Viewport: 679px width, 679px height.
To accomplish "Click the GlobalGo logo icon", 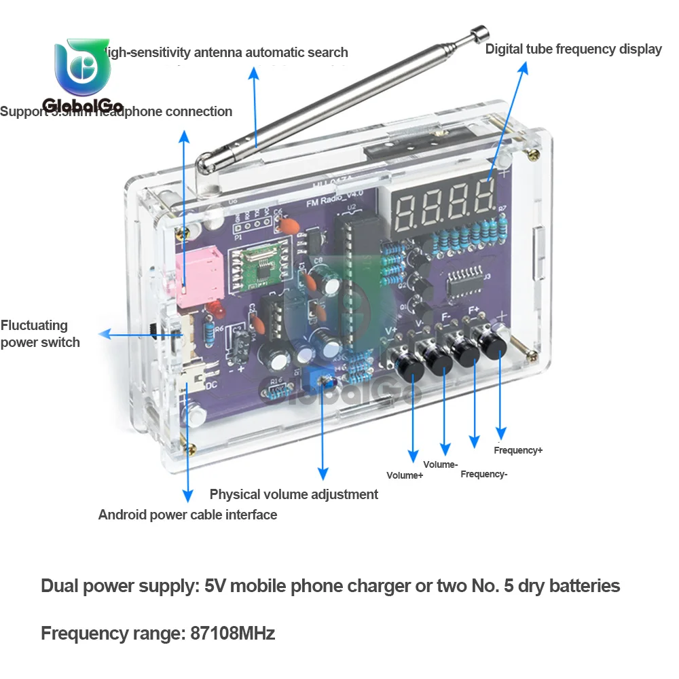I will pyautogui.click(x=82, y=67).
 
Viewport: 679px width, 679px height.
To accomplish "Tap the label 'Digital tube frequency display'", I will pyautogui.click(x=573, y=49).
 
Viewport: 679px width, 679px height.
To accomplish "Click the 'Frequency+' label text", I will pyautogui.click(x=518, y=450).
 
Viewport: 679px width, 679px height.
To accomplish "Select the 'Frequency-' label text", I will pyautogui.click(x=483, y=474).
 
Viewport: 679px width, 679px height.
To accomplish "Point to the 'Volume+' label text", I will pyautogui.click(x=405, y=475).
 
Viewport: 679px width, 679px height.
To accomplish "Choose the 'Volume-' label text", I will pyautogui.click(x=441, y=464).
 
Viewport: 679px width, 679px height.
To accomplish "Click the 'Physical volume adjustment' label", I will pyautogui.click(x=293, y=494).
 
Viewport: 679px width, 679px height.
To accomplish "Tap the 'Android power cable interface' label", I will pyautogui.click(x=187, y=515).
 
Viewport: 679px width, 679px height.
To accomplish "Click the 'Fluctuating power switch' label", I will pyautogui.click(x=40, y=334).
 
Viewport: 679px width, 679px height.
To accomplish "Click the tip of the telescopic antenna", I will pyautogui.click(x=481, y=33).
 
